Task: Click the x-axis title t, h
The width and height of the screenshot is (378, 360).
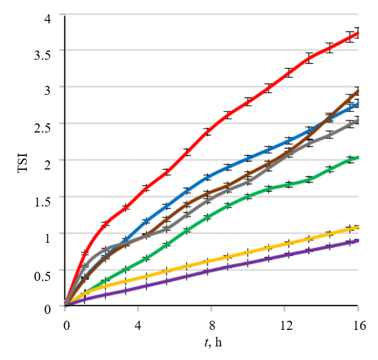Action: click(x=212, y=343)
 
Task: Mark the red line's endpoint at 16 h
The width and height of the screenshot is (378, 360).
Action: click(x=358, y=33)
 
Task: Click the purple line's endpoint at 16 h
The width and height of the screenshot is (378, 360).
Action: click(x=358, y=241)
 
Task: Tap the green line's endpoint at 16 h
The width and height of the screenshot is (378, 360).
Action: click(x=358, y=158)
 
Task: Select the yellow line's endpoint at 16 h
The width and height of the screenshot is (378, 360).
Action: click(x=358, y=227)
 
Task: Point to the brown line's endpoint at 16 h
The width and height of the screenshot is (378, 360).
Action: click(x=358, y=90)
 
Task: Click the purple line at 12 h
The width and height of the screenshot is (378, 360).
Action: click(x=285, y=255)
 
